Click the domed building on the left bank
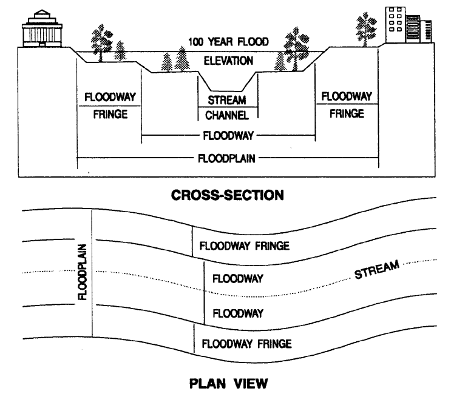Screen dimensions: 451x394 42,28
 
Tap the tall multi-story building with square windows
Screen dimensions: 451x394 395,25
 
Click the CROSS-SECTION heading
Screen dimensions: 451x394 227,195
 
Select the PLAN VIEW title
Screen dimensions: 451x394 228,383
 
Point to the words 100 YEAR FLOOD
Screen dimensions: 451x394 228,42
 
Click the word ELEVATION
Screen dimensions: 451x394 228,61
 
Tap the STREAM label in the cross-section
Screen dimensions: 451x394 227,100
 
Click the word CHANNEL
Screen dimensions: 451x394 227,115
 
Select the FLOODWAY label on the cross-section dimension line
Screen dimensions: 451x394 228,136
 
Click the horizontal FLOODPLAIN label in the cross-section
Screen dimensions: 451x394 226,159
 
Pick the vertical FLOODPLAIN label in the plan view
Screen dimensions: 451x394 83,272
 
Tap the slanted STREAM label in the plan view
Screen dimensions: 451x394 377,269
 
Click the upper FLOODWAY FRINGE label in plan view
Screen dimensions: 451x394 245,246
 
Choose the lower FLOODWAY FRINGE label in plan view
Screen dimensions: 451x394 247,344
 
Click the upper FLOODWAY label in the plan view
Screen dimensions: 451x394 238,279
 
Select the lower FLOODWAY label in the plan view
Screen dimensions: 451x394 238,313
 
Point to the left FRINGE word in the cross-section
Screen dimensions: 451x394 110,115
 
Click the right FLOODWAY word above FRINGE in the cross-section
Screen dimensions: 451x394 347,96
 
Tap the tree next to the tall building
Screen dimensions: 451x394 366,28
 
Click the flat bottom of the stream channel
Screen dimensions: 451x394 226,91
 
